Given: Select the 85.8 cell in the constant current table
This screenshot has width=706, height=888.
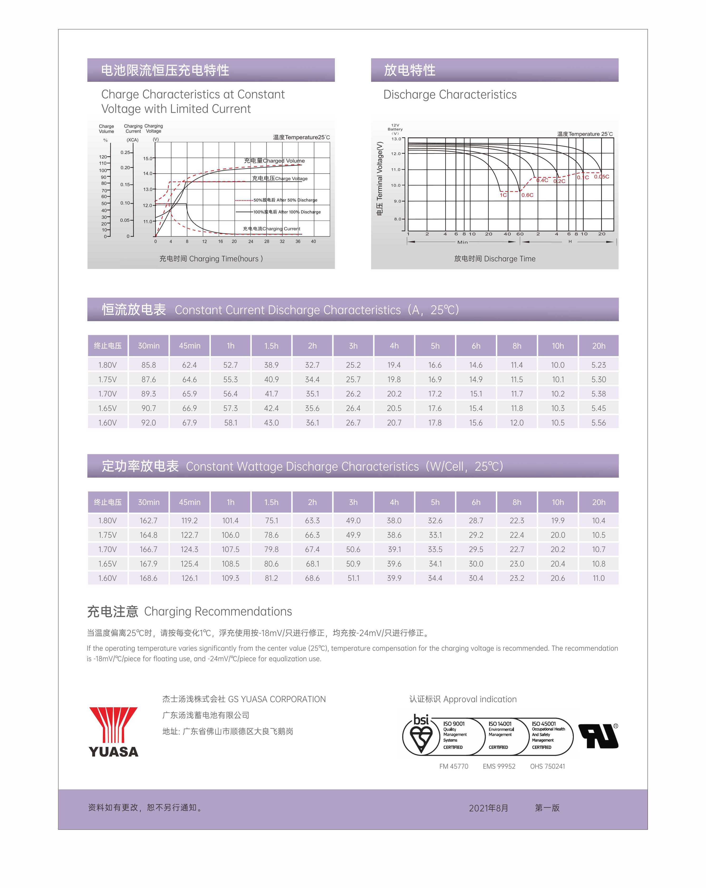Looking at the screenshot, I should coord(149,365).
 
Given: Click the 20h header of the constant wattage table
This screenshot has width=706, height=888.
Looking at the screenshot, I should coord(599,502).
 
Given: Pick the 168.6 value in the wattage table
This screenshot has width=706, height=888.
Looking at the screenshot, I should coord(149,578).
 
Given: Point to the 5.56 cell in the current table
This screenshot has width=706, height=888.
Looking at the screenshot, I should coord(599,422).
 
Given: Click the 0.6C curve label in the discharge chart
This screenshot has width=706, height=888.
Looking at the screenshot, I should coord(527,195).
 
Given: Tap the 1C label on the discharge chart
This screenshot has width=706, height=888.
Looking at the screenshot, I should coord(503,195).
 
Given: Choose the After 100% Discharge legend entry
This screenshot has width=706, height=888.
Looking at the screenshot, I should coord(286,212).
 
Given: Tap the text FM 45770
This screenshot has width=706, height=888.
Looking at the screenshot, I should coord(454,766).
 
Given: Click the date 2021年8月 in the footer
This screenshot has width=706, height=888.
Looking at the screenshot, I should coord(488,808).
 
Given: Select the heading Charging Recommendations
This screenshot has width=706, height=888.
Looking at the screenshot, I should coord(218,612).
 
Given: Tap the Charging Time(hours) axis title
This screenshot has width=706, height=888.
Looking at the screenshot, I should coord(211,259).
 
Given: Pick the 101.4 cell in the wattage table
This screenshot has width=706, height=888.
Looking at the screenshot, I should coord(231,521).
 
